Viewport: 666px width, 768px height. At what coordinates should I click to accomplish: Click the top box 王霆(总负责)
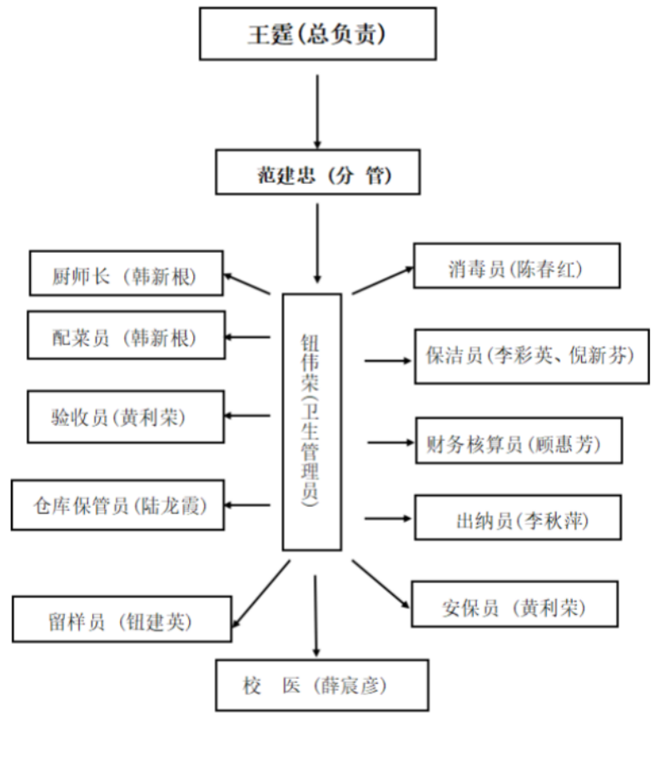[x=318, y=34]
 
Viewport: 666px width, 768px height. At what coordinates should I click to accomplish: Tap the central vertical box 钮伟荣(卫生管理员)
[x=311, y=421]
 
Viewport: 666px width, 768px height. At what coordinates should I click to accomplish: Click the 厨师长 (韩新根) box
[x=127, y=273]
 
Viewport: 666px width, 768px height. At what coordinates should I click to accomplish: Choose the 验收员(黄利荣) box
[x=127, y=416]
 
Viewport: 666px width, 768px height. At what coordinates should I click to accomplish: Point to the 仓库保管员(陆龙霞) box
[x=119, y=504]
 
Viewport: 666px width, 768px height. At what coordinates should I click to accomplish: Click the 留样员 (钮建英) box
[x=122, y=620]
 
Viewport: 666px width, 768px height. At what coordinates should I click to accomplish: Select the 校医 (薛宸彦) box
[x=321, y=685]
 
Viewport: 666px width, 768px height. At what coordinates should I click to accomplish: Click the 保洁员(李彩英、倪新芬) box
[x=532, y=356]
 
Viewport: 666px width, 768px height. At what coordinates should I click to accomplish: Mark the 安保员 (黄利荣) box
[x=514, y=604]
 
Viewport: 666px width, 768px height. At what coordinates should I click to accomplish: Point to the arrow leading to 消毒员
[x=383, y=280]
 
